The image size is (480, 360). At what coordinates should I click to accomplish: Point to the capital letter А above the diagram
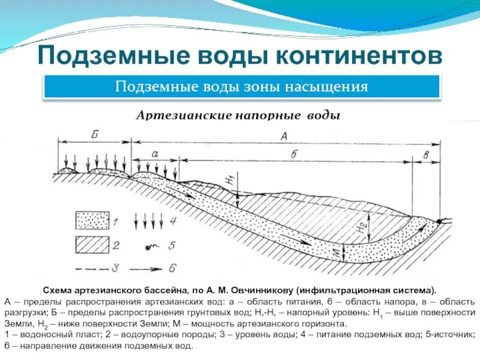pyautogui.click(x=284, y=136)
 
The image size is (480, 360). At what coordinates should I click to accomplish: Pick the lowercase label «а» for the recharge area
pyautogui.click(x=155, y=154)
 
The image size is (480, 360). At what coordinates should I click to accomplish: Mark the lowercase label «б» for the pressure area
pyautogui.click(x=293, y=154)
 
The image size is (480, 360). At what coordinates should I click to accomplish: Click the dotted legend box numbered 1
pyautogui.click(x=92, y=220)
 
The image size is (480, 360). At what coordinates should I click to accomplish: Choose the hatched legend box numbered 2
pyautogui.click(x=92, y=245)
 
